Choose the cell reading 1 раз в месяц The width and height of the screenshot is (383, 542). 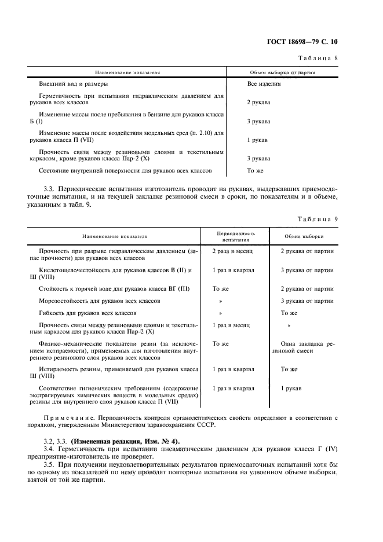point(231,325)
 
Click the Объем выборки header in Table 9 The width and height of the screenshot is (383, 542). point(304,236)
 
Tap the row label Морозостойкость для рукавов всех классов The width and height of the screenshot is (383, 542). point(99,301)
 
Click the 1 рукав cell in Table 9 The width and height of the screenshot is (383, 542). point(291,389)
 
